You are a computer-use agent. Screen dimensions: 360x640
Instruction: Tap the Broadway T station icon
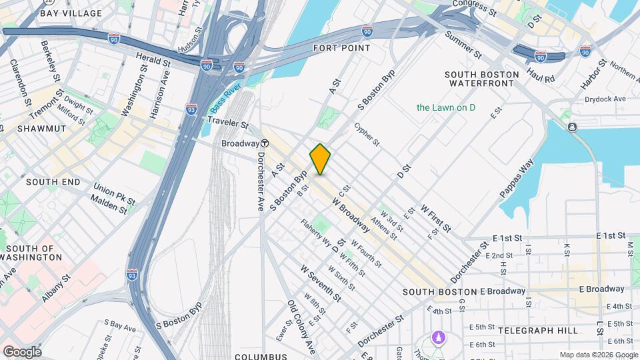[x=265, y=143]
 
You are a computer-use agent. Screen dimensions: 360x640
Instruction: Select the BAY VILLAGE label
[x=71, y=13]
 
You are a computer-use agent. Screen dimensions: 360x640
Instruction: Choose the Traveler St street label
[x=227, y=123]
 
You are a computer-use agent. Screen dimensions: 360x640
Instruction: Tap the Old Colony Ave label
[x=302, y=326]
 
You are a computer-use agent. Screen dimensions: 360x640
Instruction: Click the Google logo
[x=23, y=351]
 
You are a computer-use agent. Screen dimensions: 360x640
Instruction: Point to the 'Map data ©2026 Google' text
[x=598, y=355]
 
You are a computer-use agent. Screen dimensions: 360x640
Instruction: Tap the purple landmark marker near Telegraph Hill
[x=438, y=338]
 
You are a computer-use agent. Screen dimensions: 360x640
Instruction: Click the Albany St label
[x=56, y=288]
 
